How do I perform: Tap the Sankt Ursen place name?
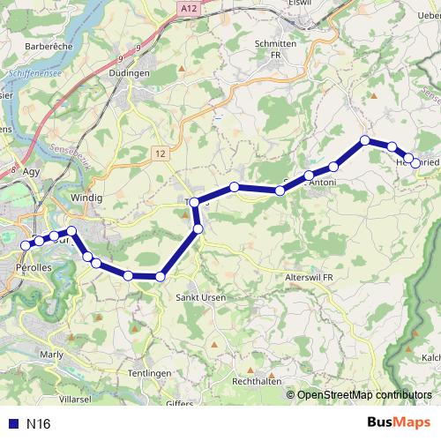click(x=202, y=297)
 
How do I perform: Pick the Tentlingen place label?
click(x=151, y=374)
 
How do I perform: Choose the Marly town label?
click(x=53, y=355)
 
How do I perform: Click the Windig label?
click(x=87, y=197)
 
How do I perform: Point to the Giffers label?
click(x=179, y=403)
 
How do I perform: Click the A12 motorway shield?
click(x=185, y=8)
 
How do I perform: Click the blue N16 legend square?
click(x=12, y=423)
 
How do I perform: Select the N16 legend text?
click(x=39, y=423)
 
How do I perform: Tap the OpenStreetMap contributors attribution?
click(x=363, y=395)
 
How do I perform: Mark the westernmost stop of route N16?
click(x=25, y=245)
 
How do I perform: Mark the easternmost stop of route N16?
click(x=416, y=163)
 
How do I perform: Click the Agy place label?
click(x=33, y=172)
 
